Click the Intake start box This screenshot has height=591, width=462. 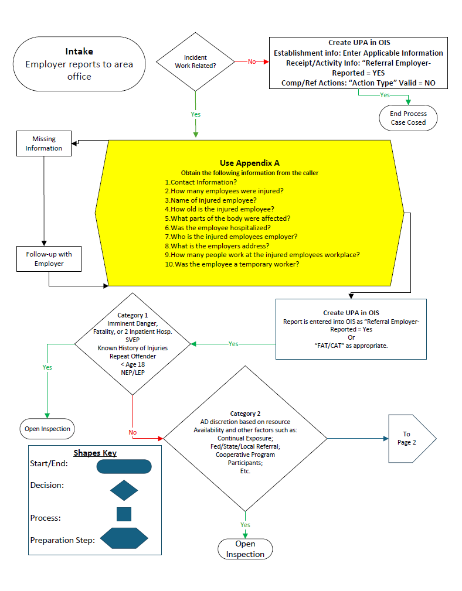click(79, 64)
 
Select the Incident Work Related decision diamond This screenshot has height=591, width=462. click(195, 62)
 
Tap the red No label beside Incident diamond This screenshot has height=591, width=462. click(252, 62)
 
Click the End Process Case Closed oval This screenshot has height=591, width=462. click(408, 118)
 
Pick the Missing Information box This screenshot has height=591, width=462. click(43, 144)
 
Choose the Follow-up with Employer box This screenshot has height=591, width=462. click(49, 259)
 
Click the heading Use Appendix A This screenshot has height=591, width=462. click(249, 163)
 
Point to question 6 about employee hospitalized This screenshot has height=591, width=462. click(217, 227)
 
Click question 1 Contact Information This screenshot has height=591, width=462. click(201, 182)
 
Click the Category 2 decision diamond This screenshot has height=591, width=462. click(245, 438)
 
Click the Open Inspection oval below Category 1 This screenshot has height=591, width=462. click(47, 429)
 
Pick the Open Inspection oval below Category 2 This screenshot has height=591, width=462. click(245, 549)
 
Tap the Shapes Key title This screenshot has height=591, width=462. click(94, 453)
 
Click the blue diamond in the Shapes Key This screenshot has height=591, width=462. click(124, 490)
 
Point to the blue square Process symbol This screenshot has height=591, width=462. click(124, 514)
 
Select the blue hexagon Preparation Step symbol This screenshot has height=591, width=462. click(124, 538)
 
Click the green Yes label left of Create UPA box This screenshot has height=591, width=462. click(233, 344)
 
